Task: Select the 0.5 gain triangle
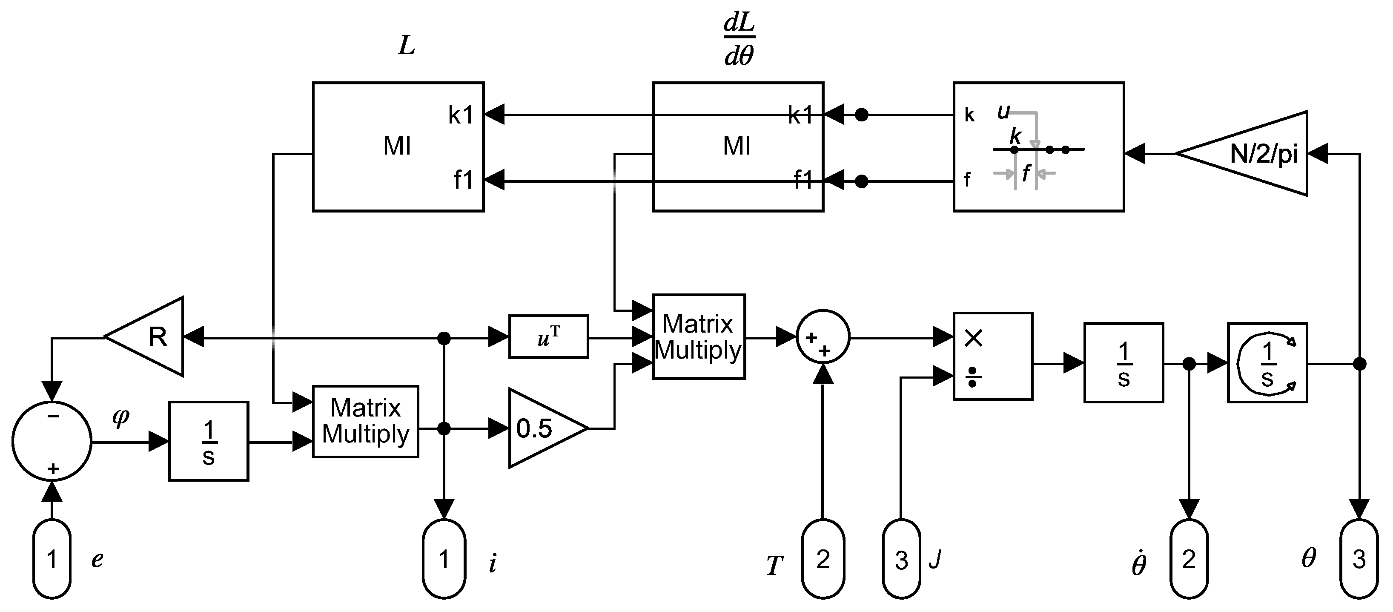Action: (541, 428)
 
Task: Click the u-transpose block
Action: (548, 336)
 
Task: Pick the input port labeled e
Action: (52, 558)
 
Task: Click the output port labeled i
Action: (444, 558)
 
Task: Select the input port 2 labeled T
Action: (823, 558)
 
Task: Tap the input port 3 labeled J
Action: (901, 558)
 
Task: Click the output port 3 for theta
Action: (1359, 558)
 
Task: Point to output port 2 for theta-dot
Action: (1189, 558)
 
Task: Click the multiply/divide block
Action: (992, 356)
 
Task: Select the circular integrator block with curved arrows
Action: (1267, 362)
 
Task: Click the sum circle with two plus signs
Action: (823, 338)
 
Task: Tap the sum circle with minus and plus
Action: (52, 441)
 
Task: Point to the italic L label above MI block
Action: (407, 46)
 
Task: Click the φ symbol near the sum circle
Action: (120, 417)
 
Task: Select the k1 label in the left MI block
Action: (461, 115)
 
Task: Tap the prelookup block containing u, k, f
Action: (1038, 147)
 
